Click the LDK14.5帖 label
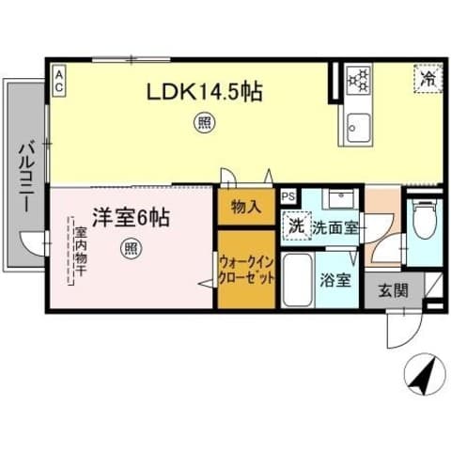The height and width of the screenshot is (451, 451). (x=202, y=92)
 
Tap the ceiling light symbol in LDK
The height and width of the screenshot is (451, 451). (x=201, y=121)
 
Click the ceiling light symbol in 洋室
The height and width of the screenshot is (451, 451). (x=132, y=248)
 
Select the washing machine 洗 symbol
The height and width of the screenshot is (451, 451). (x=297, y=226)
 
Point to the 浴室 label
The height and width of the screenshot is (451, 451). (x=335, y=279)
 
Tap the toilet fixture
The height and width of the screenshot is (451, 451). (x=425, y=222)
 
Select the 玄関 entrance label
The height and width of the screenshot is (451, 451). (x=394, y=290)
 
